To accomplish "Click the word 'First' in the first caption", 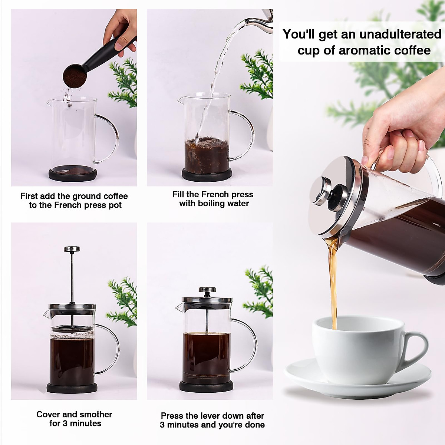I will (x=29, y=196).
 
